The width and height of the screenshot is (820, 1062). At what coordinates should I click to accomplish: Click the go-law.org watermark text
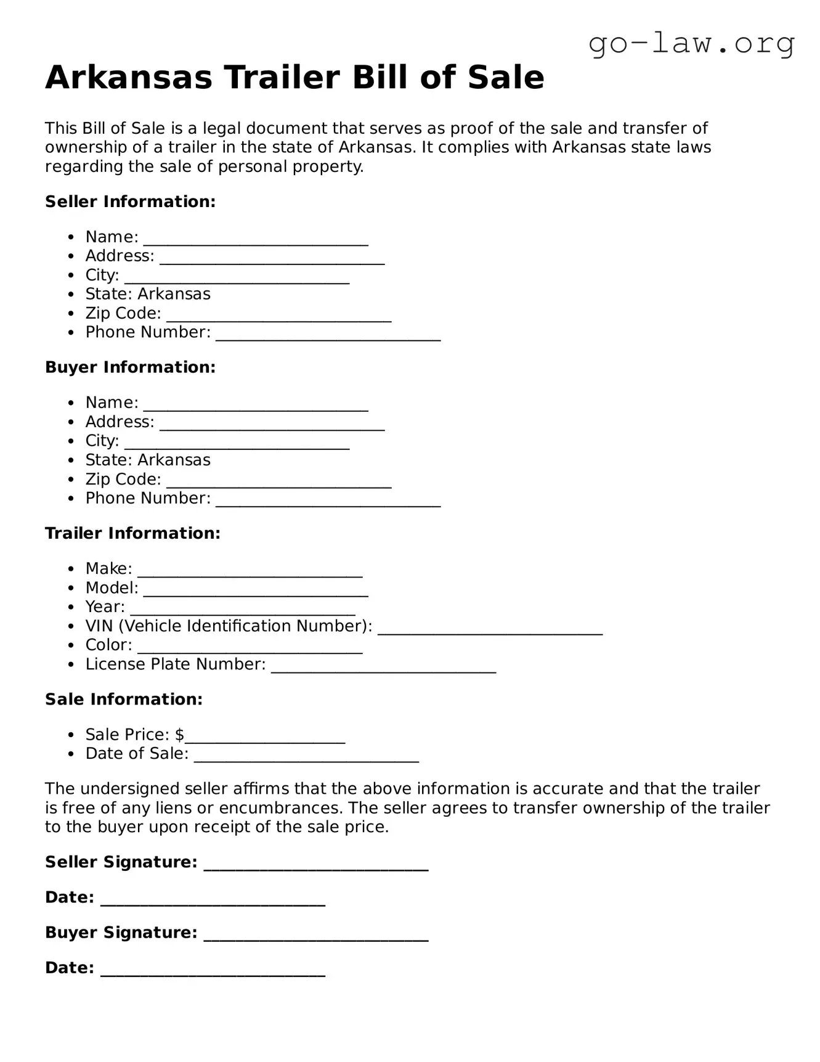click(691, 44)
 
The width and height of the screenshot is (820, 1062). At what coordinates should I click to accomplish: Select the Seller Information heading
click(130, 202)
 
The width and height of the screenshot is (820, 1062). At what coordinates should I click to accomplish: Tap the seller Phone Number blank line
click(328, 336)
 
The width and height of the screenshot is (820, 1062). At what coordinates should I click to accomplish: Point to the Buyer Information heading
click(130, 367)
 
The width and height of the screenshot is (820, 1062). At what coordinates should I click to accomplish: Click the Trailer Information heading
click(132, 533)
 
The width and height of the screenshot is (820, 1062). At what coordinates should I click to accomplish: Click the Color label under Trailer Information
click(108, 645)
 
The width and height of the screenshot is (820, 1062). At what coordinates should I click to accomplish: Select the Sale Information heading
click(123, 699)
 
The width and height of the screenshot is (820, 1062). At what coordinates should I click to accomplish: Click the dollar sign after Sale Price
click(179, 735)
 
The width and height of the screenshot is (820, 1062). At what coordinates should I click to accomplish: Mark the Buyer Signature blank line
click(315, 936)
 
